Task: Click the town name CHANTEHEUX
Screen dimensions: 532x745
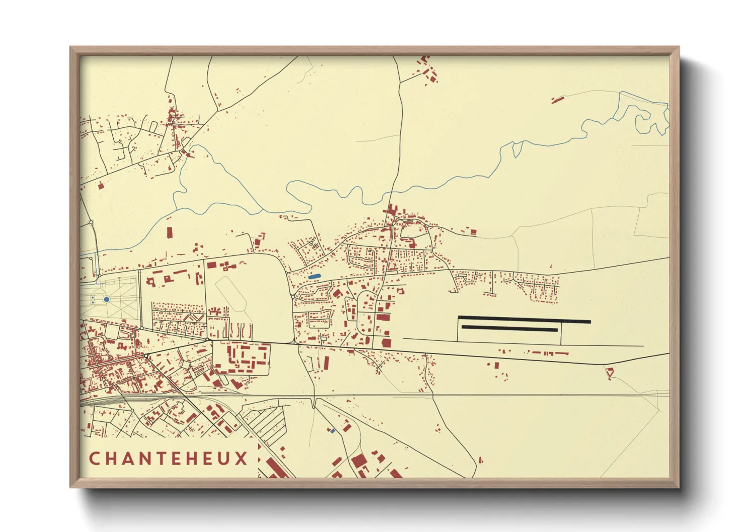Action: coord(169,458)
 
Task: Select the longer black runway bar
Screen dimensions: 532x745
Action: coord(524,320)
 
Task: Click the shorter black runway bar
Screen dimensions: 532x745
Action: coord(509,328)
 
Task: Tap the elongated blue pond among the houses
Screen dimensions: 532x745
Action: coord(314,277)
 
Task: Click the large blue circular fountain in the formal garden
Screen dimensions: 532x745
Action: coord(107,299)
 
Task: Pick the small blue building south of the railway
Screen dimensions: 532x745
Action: coord(332,431)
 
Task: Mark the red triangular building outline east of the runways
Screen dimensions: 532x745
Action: coord(610,373)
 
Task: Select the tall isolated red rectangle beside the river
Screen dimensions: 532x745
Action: coord(170,234)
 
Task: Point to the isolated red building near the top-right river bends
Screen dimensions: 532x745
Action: coord(557,100)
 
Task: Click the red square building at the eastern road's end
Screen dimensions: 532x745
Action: coord(473,232)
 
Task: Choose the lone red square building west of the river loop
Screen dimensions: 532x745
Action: coord(100,186)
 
